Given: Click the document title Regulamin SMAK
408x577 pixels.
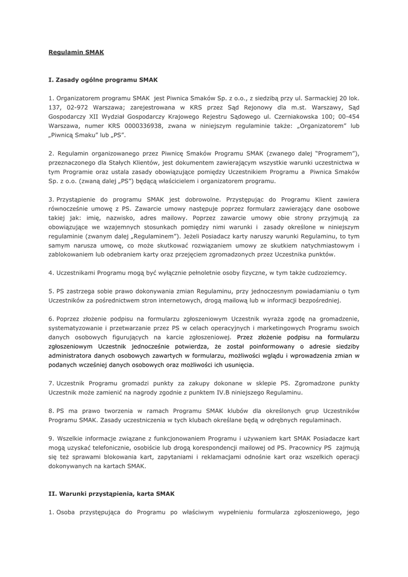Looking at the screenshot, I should (x=76, y=52).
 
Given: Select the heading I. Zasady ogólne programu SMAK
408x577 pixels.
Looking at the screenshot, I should (x=103, y=80).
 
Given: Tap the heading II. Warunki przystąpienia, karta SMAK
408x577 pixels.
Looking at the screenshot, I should (x=112, y=493).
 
